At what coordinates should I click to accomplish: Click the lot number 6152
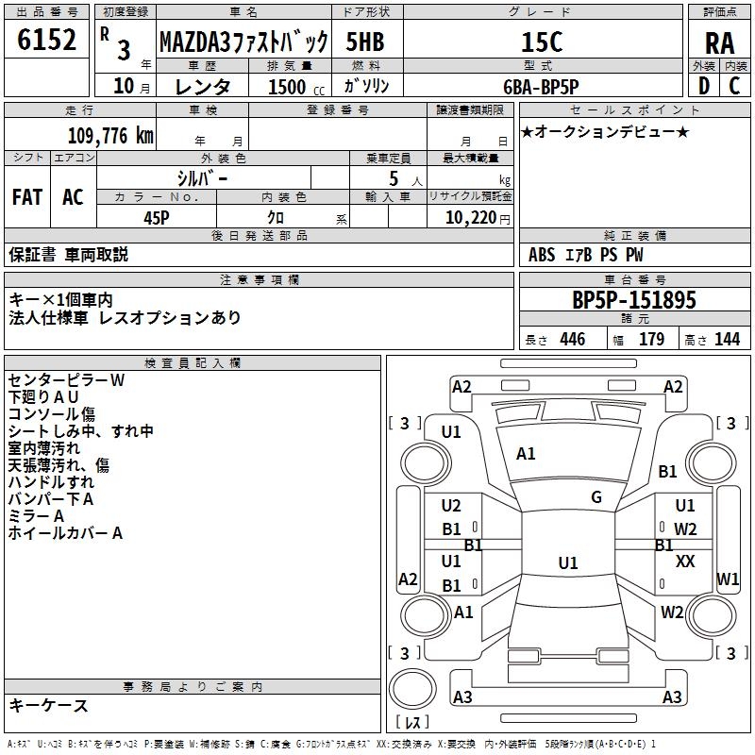tap(46, 40)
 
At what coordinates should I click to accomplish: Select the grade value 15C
tap(542, 42)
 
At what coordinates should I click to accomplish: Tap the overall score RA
tap(719, 43)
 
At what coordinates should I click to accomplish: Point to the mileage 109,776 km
tap(110, 136)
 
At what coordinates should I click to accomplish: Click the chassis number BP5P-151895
tap(634, 300)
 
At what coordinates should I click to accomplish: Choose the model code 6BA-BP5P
tap(541, 87)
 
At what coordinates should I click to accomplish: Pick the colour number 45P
tap(157, 218)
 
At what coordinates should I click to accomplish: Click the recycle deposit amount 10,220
tap(471, 218)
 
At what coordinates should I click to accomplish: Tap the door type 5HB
tap(365, 42)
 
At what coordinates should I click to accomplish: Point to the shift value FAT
tap(27, 197)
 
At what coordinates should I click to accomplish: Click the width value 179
tap(651, 339)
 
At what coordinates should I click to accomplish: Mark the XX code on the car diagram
tap(685, 561)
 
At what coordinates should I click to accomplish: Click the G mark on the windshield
tap(596, 497)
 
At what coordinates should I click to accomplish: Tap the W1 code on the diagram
tap(727, 579)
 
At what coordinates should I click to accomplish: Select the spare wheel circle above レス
tap(412, 689)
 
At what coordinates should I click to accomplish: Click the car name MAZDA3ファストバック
tap(243, 42)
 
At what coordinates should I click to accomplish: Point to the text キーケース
tap(48, 705)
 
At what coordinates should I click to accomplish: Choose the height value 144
tap(727, 339)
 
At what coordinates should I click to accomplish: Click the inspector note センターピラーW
tap(66, 380)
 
